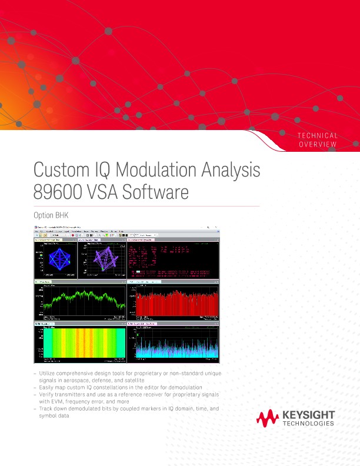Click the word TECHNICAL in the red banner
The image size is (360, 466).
click(318, 136)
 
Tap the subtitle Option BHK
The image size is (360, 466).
click(55, 215)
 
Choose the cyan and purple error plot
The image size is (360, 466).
click(173, 342)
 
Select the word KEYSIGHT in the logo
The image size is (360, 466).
click(308, 415)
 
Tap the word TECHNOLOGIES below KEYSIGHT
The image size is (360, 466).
click(308, 423)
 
